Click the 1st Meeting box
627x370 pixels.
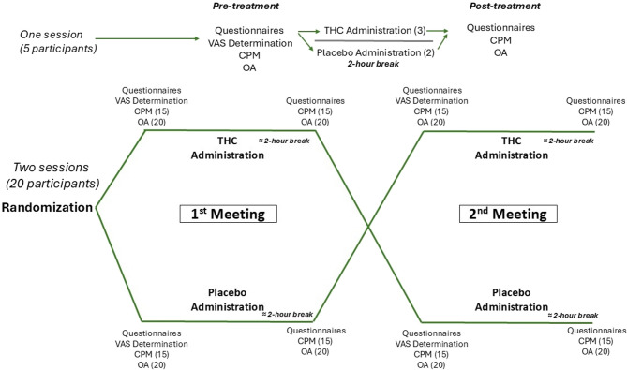(225, 213)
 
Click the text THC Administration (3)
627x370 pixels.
(378, 30)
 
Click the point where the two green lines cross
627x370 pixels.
(368, 227)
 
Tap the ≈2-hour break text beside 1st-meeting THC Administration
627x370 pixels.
(289, 140)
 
